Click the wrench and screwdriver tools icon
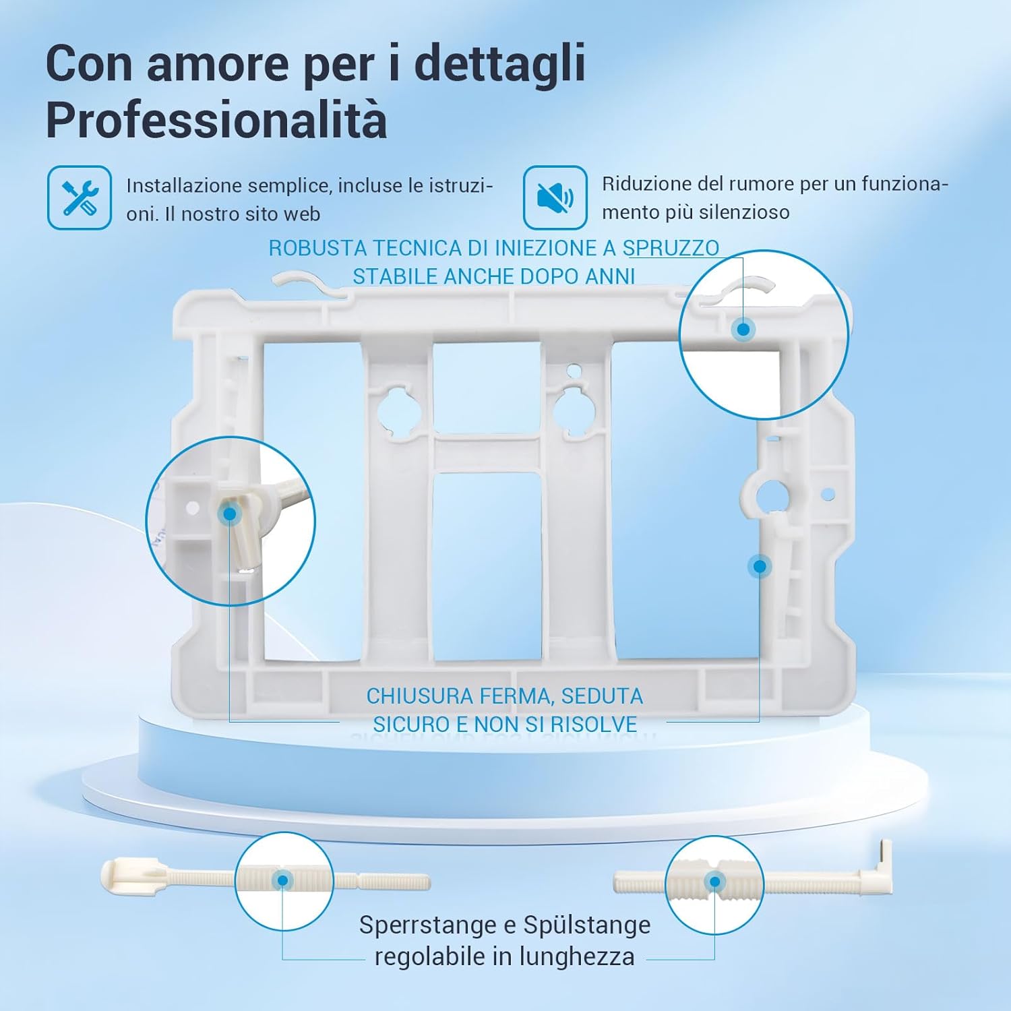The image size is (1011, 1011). pos(80,197)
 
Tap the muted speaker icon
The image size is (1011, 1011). pos(555,197)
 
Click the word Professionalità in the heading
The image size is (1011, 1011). pos(216,121)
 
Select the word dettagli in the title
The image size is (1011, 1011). pos(499,63)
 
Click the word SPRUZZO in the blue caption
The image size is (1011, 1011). pos(671,248)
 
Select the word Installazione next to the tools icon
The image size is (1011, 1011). pos(183,185)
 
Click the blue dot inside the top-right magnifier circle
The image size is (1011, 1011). pos(743,330)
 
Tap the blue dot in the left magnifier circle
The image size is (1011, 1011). pos(229,514)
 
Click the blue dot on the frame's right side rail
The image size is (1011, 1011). pos(760,567)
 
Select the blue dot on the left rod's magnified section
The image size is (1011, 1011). pos(283,880)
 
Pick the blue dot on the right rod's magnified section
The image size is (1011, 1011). pos(714,882)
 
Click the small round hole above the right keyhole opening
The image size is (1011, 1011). pos(573,370)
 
